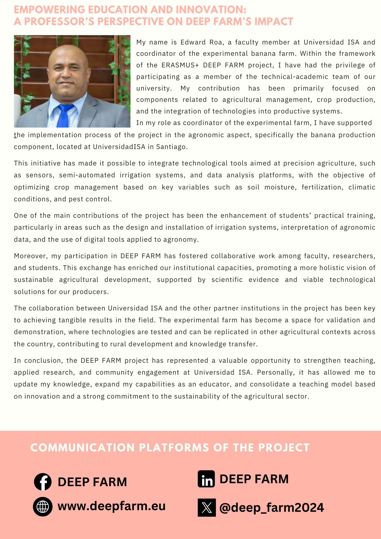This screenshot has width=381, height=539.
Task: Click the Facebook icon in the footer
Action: tap(43, 482)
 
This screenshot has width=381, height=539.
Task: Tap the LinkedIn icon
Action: tap(206, 479)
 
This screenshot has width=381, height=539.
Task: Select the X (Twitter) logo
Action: tap(207, 507)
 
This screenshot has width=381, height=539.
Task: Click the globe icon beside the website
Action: tap(43, 507)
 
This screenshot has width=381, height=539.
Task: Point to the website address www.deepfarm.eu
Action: tap(111, 506)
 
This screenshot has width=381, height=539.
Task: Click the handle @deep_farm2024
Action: tap(272, 507)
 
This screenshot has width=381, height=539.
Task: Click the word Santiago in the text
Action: tap(171, 147)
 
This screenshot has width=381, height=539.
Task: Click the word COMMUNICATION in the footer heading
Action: tap(82, 448)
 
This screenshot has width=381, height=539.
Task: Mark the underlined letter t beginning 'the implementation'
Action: tap(15, 135)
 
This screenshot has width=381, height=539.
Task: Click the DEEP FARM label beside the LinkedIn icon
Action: tap(254, 479)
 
